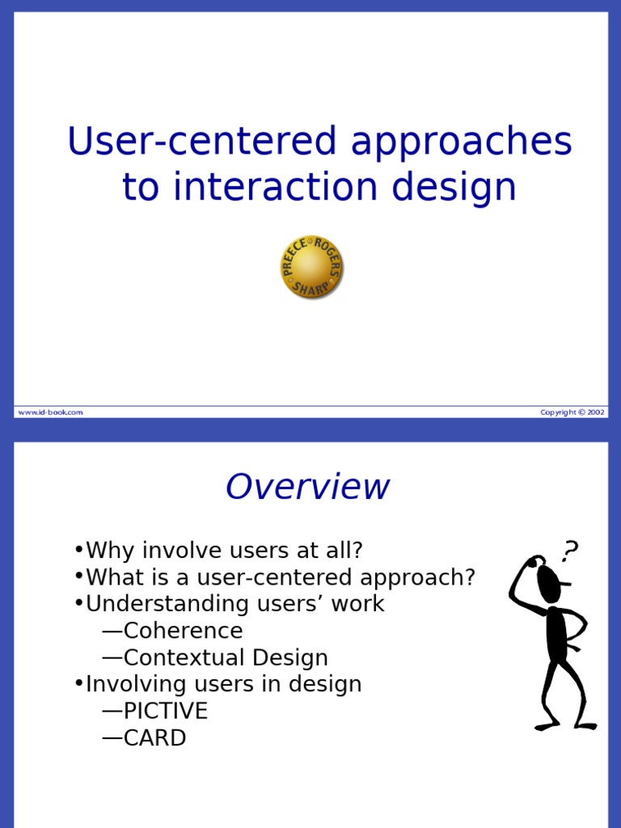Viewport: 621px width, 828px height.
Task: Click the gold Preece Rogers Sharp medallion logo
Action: [311, 267]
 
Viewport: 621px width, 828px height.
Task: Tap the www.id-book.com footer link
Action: [51, 412]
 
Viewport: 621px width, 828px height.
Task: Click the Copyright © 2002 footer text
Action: [572, 412]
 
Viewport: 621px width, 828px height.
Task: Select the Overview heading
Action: [307, 486]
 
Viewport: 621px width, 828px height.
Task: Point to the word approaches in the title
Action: [462, 142]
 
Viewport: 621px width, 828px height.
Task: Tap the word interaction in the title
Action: [275, 187]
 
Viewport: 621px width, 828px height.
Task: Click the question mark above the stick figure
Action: [570, 551]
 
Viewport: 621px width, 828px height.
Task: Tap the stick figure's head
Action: [549, 584]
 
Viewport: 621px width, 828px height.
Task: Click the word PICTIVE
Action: [166, 711]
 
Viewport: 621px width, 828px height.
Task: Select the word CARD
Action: [154, 737]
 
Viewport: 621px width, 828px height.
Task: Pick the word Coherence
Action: [184, 631]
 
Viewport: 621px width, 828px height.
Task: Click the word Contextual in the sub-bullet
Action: [185, 657]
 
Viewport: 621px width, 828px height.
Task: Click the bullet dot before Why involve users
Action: [79, 550]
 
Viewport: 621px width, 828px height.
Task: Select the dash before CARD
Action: [112, 738]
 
